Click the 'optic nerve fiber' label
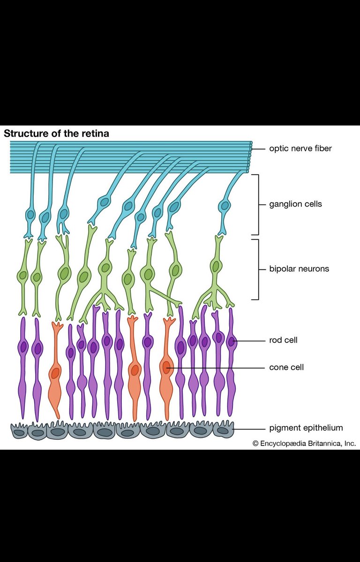(300, 148)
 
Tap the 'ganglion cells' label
(295, 204)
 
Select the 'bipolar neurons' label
(299, 269)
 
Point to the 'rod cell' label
(283, 340)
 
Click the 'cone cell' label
(286, 367)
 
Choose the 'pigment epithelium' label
(306, 428)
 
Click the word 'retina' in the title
(96, 133)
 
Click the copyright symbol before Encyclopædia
(255, 444)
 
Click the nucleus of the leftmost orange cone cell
(55, 372)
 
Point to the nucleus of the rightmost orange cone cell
(166, 367)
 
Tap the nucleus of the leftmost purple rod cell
(23, 347)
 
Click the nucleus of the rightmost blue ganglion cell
(225, 206)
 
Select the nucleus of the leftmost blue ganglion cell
(31, 215)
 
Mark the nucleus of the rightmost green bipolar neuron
(215, 266)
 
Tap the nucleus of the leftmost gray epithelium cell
(19, 433)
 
